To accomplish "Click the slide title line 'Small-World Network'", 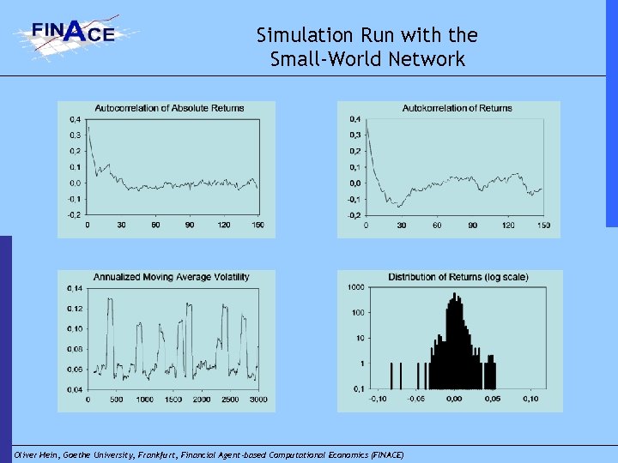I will pos(367,59).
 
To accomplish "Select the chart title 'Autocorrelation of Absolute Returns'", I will pos(169,108).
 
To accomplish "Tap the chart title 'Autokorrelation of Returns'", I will pos(457,108).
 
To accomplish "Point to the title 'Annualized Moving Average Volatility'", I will pos(172,277).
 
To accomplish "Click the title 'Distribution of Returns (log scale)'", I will pos(457,277).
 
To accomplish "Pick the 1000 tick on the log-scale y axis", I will pos(355,287).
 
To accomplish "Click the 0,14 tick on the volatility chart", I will pos(75,288).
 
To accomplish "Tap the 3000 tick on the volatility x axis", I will pos(257,400).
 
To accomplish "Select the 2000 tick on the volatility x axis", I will pos(201,400).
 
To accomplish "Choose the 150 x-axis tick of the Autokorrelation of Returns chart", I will pos(543,225).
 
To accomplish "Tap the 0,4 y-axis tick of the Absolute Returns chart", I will pos(76,118).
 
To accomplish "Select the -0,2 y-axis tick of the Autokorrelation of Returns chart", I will pos(354,215).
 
